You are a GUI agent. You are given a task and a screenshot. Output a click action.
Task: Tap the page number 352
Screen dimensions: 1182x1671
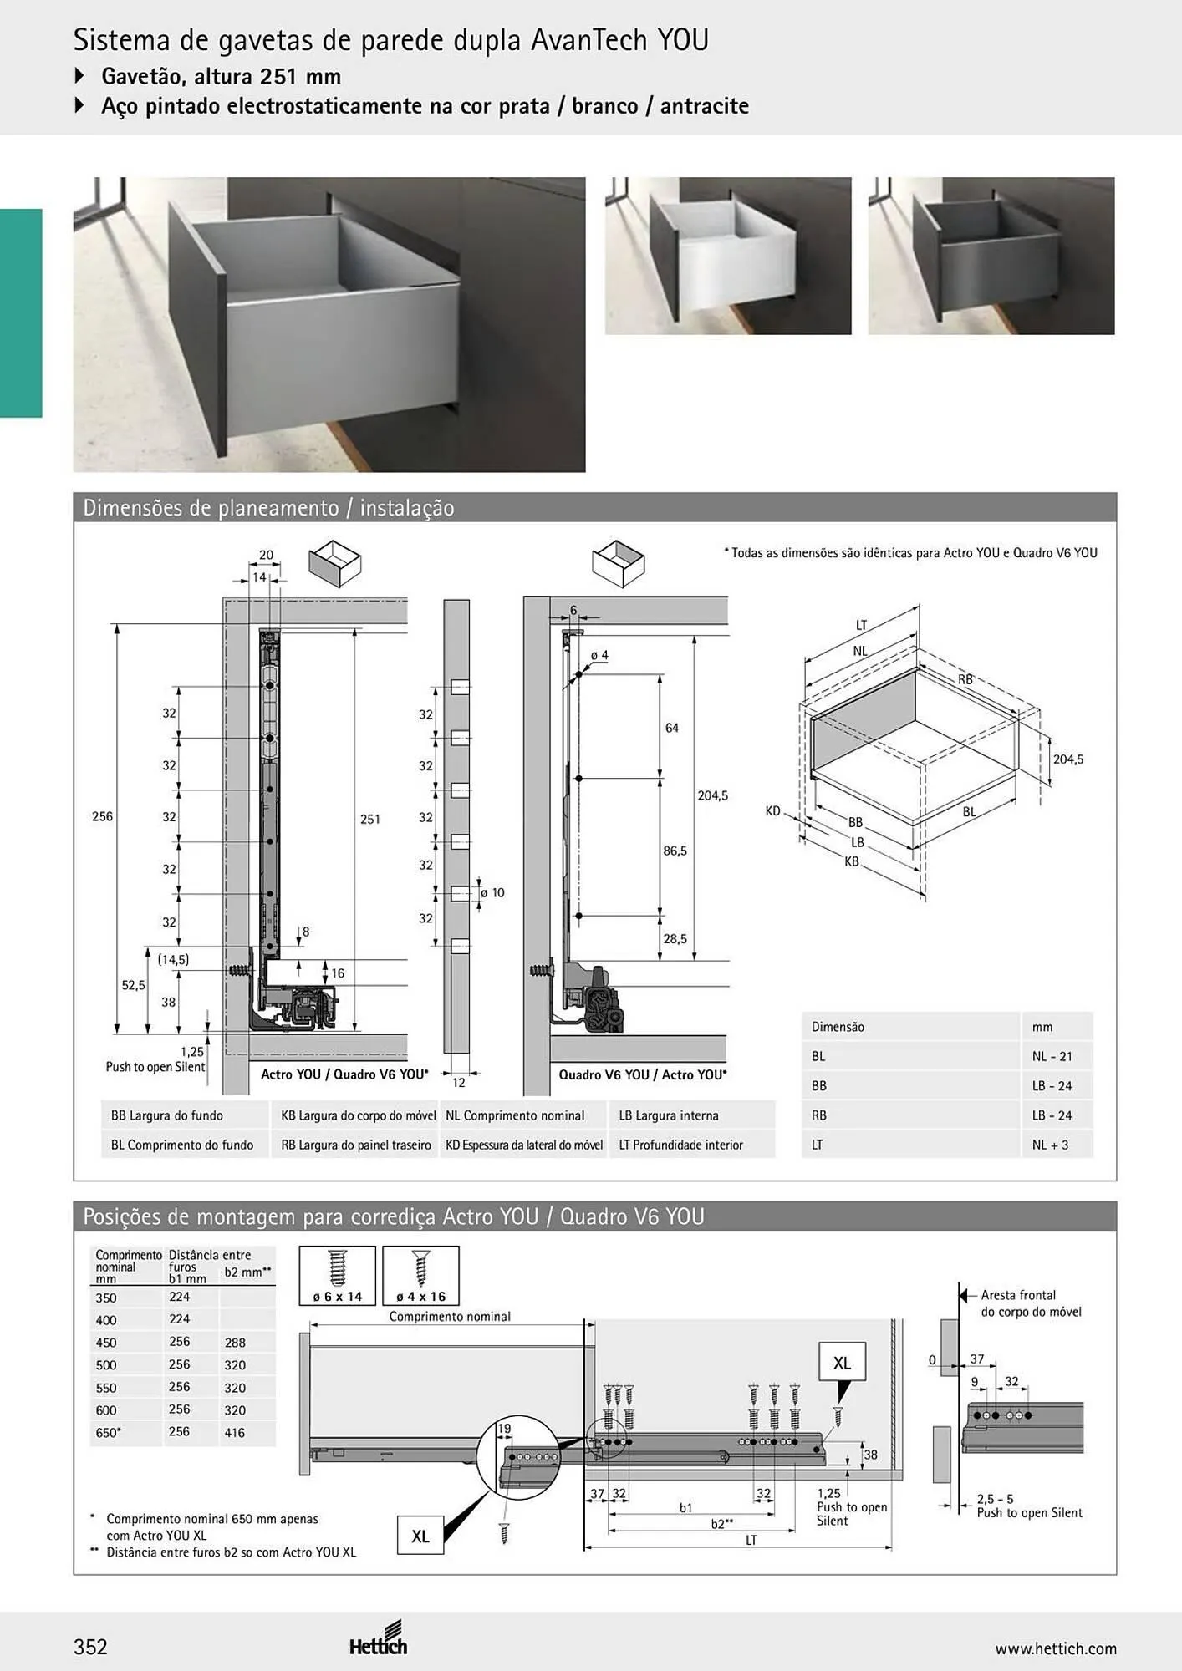pos(90,1647)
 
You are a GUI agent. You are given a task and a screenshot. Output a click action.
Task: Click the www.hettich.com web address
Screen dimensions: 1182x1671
pos(1056,1648)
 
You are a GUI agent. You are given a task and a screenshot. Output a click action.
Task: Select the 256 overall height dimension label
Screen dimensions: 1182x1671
pos(102,816)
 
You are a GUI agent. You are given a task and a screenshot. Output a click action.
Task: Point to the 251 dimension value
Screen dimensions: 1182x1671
pos(370,820)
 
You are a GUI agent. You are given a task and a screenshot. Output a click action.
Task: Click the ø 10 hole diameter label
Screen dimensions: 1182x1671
pos(492,892)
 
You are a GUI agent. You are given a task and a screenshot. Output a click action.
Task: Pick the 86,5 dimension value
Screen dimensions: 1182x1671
pos(675,851)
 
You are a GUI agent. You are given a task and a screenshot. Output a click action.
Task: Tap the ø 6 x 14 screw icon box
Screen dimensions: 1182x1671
pos(338,1276)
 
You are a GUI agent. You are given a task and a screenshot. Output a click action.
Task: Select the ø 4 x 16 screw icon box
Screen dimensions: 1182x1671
pos(420,1276)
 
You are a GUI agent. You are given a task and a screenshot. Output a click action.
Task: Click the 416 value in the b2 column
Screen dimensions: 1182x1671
pos(235,1432)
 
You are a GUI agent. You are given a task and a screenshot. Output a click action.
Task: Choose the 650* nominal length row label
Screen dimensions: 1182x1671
pos(109,1432)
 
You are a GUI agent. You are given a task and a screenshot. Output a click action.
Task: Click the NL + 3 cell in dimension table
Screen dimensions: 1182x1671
pos(1050,1145)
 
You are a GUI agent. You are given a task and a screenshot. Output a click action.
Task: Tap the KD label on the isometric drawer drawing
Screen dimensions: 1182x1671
pos(772,810)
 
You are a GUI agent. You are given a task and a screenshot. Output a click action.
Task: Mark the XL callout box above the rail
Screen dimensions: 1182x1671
pos(842,1363)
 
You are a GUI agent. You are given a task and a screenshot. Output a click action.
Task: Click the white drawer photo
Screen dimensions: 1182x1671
pos(728,256)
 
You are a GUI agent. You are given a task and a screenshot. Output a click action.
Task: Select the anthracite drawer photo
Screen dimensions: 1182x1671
pos(991,256)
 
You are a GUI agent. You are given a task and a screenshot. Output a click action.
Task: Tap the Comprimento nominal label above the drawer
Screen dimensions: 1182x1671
pos(450,1316)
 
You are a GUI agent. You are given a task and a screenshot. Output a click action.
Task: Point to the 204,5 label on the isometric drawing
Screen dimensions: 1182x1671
pos(1068,759)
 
